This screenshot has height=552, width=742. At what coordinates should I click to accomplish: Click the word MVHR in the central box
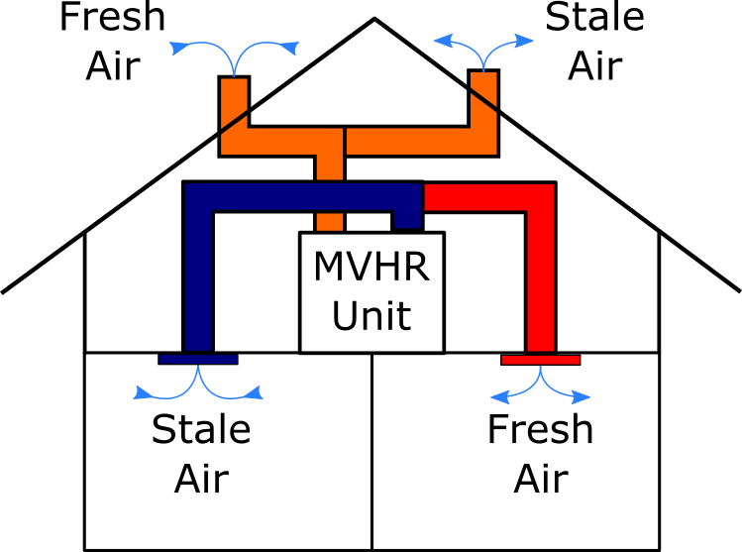[x=371, y=267]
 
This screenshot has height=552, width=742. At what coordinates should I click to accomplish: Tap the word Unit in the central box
[x=371, y=316]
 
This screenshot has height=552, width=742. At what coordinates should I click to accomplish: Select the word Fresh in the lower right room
[x=541, y=429]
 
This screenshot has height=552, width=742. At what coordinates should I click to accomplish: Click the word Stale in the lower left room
[x=201, y=429]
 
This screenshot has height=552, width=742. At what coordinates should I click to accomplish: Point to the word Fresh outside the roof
[x=113, y=17]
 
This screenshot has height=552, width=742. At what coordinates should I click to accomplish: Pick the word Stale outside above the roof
[x=594, y=17]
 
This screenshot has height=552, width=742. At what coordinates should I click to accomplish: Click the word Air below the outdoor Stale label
[x=594, y=65]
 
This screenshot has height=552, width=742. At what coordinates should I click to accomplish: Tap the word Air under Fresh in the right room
[x=541, y=479]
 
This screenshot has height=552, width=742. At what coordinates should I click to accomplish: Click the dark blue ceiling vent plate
[x=198, y=359]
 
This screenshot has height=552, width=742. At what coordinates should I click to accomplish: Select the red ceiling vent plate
[x=541, y=360]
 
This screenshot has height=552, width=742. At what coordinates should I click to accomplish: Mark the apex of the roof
[x=374, y=19]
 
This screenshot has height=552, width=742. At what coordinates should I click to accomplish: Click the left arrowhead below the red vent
[x=500, y=397]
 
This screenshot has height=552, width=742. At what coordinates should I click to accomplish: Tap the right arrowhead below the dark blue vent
[x=254, y=392]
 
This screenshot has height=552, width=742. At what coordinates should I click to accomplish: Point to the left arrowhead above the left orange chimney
[x=179, y=48]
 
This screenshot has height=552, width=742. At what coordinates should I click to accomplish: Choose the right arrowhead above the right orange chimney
[x=524, y=41]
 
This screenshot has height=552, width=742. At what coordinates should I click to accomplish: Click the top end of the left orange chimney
[x=234, y=76]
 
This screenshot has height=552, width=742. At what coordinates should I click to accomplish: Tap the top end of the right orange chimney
[x=483, y=71]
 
